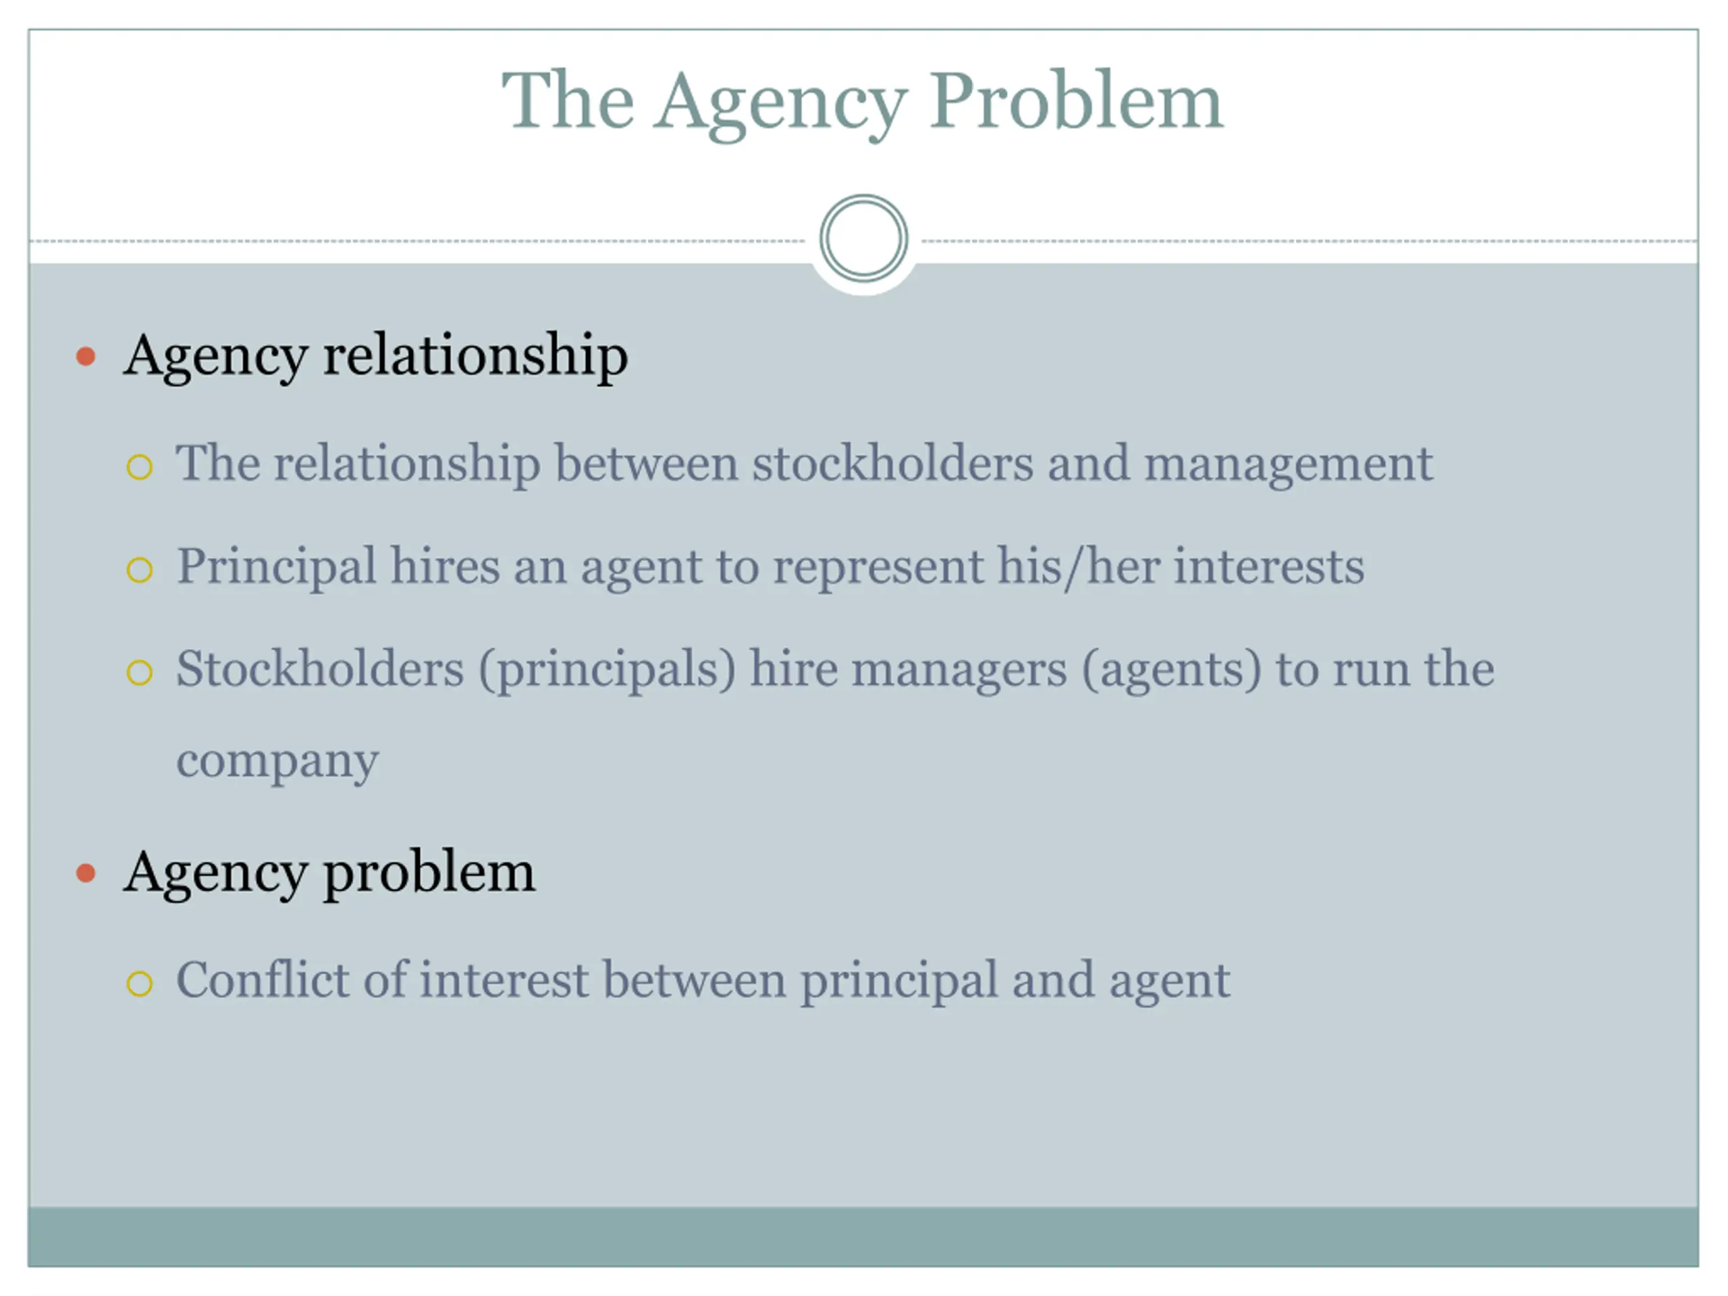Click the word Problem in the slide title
(1076, 101)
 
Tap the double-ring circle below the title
(863, 238)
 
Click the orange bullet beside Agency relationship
(86, 357)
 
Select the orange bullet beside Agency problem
(86, 873)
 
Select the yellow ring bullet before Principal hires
(139, 570)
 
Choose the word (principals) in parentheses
(607, 670)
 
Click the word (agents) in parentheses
(1171, 670)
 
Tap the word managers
(959, 670)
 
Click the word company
(277, 761)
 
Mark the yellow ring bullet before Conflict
(139, 983)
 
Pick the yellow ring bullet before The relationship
(139, 467)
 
